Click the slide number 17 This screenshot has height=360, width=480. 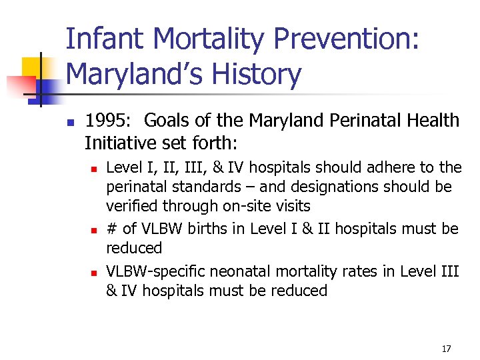447,349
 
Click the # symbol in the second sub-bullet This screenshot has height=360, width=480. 111,229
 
